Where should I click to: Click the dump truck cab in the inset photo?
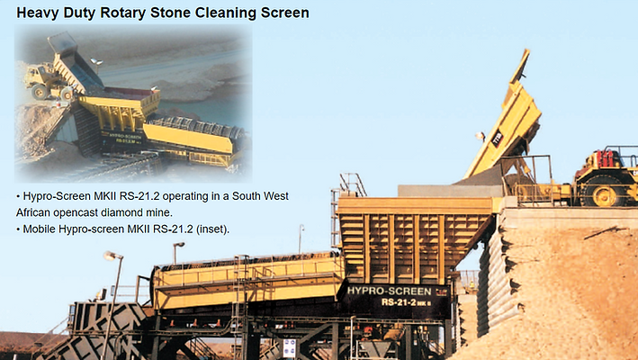pos(39,78)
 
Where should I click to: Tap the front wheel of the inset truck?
pos(41,92)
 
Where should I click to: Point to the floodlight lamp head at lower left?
pos(111,256)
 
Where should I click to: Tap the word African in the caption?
pos(37,212)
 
